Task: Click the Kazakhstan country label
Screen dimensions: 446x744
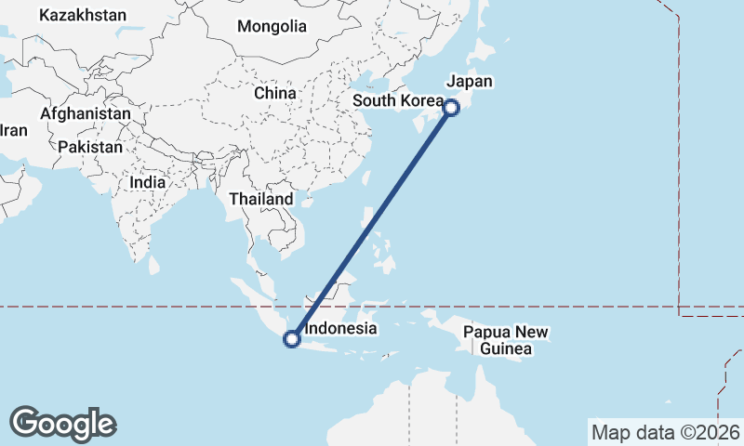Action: tap(83, 15)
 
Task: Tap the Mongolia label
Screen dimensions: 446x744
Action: tap(272, 26)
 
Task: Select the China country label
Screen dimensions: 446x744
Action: tap(275, 93)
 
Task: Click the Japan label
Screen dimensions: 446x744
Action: tap(470, 81)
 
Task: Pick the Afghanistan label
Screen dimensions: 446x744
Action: tap(86, 112)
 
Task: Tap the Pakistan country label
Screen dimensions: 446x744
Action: tap(89, 147)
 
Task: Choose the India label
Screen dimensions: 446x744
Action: tap(148, 182)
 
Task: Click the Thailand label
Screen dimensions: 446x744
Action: tap(261, 199)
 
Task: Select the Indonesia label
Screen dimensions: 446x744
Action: tap(340, 328)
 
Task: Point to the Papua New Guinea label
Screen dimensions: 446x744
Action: tap(506, 340)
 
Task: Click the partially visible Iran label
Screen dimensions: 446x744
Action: tap(13, 130)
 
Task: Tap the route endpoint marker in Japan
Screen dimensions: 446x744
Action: tap(451, 107)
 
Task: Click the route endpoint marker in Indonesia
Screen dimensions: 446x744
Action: tap(292, 339)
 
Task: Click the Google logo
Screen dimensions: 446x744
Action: tap(62, 424)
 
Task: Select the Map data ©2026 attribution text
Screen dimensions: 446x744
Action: tap(665, 432)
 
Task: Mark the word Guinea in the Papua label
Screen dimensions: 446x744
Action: tap(505, 348)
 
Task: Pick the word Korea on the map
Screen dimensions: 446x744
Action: tap(419, 100)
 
